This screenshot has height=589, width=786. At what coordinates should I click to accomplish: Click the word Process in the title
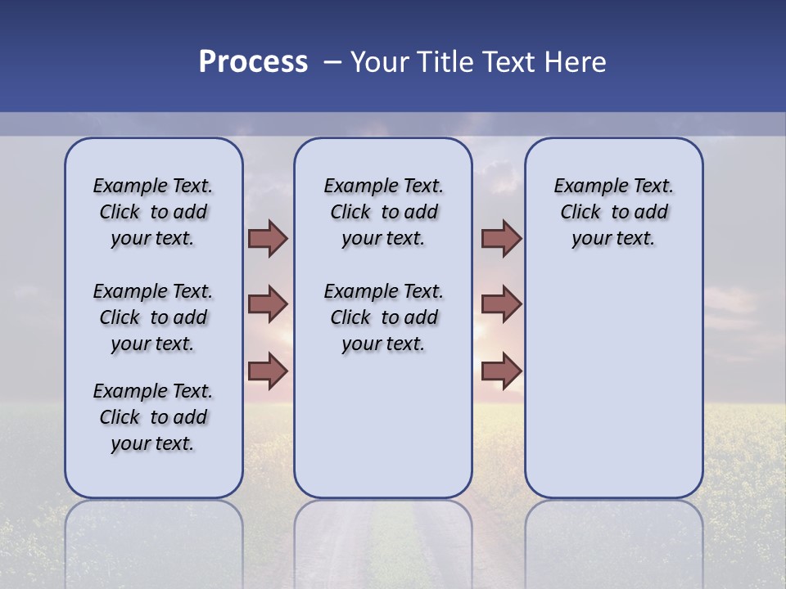point(253,62)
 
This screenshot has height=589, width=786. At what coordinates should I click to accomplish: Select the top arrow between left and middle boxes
point(268,238)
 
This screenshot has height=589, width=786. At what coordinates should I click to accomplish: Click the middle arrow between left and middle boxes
point(268,304)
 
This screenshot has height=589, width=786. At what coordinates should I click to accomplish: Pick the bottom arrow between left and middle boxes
point(268,371)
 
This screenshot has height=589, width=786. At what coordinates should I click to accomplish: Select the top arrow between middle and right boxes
point(501,238)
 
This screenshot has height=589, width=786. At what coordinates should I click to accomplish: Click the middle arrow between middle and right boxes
point(501,304)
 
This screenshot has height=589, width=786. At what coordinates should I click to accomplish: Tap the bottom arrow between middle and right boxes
point(501,371)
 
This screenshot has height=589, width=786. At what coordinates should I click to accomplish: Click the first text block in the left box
point(153,212)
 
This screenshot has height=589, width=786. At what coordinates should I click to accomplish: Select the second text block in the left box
point(153,317)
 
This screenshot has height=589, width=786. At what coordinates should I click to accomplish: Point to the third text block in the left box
point(153,417)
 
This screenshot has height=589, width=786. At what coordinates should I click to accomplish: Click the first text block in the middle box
point(383,212)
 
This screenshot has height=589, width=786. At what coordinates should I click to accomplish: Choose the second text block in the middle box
point(383,317)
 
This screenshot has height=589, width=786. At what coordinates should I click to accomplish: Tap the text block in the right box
point(613,212)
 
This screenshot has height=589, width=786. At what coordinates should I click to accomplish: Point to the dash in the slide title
point(332,62)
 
